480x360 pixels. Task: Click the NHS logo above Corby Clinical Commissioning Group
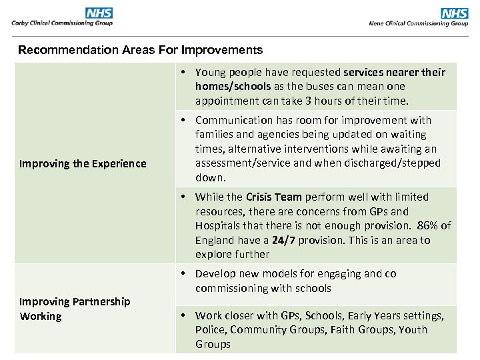[99, 13]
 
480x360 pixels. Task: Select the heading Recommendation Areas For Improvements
[140, 50]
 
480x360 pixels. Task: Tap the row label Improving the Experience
[83, 163]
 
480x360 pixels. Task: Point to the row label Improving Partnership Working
[75, 309]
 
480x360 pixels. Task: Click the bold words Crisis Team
[273, 197]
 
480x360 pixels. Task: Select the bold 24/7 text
[283, 240]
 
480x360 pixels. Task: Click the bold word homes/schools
[233, 86]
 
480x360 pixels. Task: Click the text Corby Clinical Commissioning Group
[62, 23]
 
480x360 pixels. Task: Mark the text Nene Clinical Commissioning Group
[419, 23]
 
